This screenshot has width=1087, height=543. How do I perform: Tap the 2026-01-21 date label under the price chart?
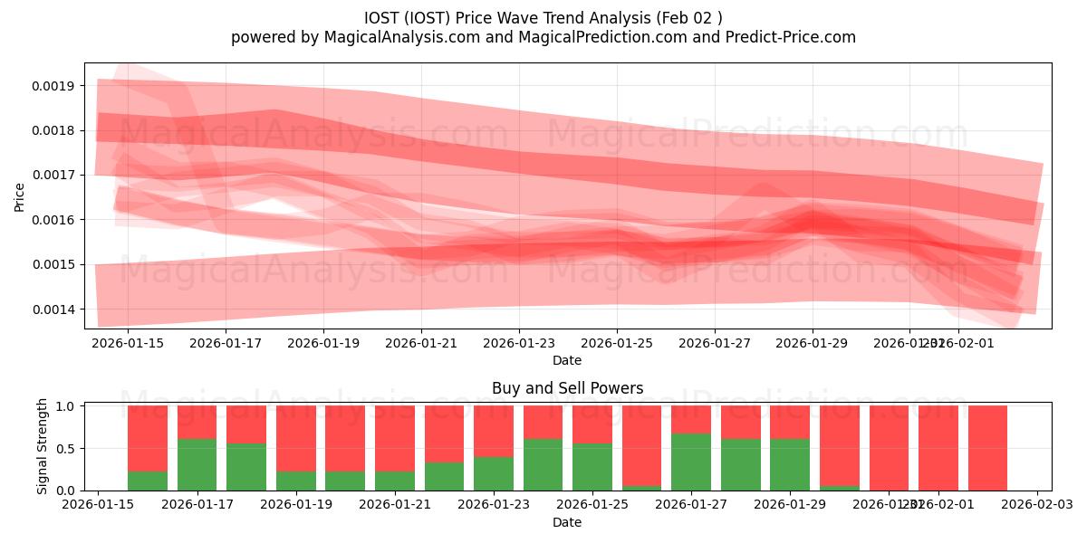421,344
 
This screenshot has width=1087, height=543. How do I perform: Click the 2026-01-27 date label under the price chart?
715,344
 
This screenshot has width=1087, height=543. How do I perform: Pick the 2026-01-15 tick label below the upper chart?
128,344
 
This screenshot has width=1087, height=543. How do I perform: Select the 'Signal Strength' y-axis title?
42,446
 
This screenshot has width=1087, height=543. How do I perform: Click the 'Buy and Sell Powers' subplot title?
567,388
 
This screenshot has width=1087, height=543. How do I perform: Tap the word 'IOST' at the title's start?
382,17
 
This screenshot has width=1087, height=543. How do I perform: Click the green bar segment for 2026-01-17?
197,464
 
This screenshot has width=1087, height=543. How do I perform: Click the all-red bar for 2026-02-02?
987,448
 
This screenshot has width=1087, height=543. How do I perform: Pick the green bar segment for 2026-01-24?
543,464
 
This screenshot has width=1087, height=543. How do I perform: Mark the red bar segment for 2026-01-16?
148,438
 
